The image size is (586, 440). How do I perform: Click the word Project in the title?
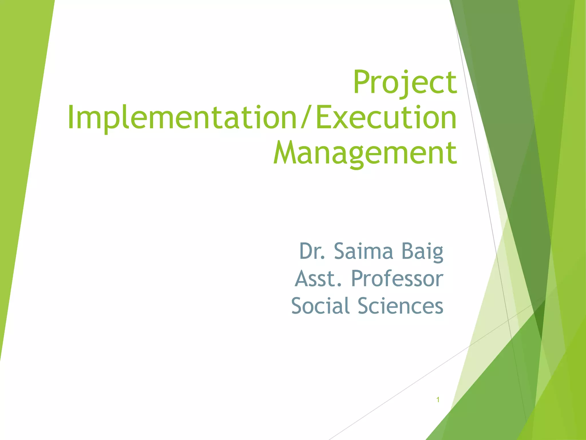(405, 83)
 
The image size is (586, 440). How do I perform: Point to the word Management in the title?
(365, 154)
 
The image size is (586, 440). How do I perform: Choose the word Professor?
(397, 278)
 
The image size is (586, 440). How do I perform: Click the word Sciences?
(401, 306)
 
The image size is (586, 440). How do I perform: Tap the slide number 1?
(438, 400)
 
